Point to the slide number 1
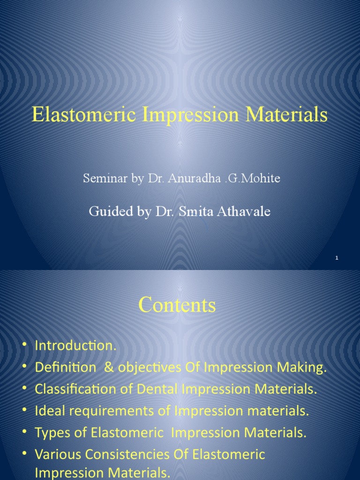(337, 258)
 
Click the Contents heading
(177, 306)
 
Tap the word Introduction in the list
(75, 346)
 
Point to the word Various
(55, 455)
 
